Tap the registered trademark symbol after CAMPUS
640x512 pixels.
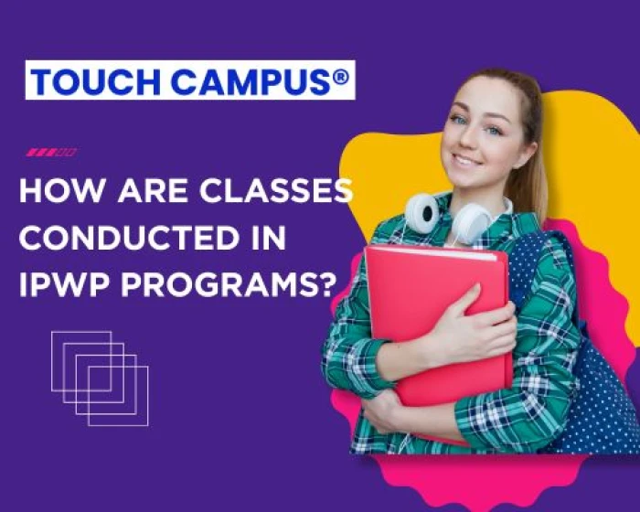click(x=340, y=78)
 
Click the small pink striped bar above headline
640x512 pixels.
click(x=52, y=152)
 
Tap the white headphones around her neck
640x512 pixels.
click(x=448, y=215)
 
